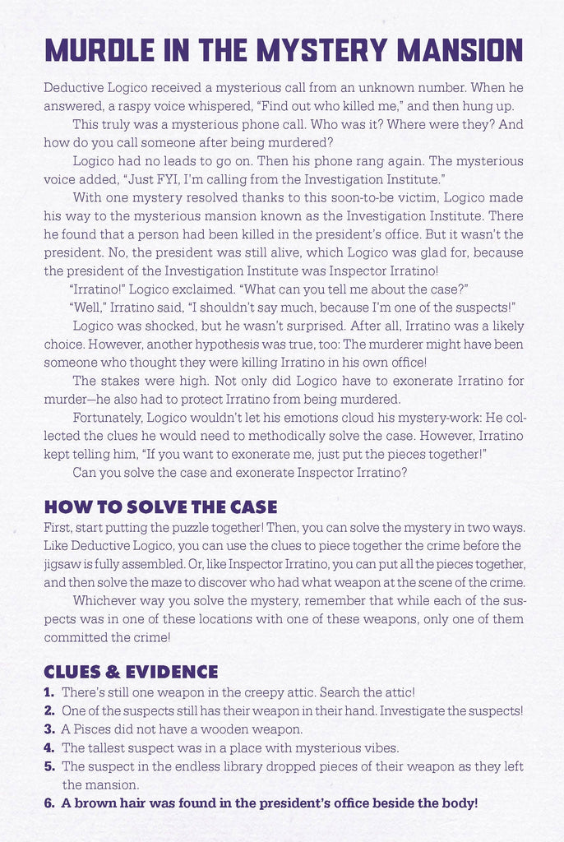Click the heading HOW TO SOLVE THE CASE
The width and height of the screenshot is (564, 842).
[160, 507]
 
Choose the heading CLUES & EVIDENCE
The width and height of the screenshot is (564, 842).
[131, 672]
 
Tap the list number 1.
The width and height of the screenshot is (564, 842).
[49, 693]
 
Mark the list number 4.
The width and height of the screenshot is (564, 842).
[49, 747]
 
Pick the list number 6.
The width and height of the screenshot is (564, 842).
[49, 803]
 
